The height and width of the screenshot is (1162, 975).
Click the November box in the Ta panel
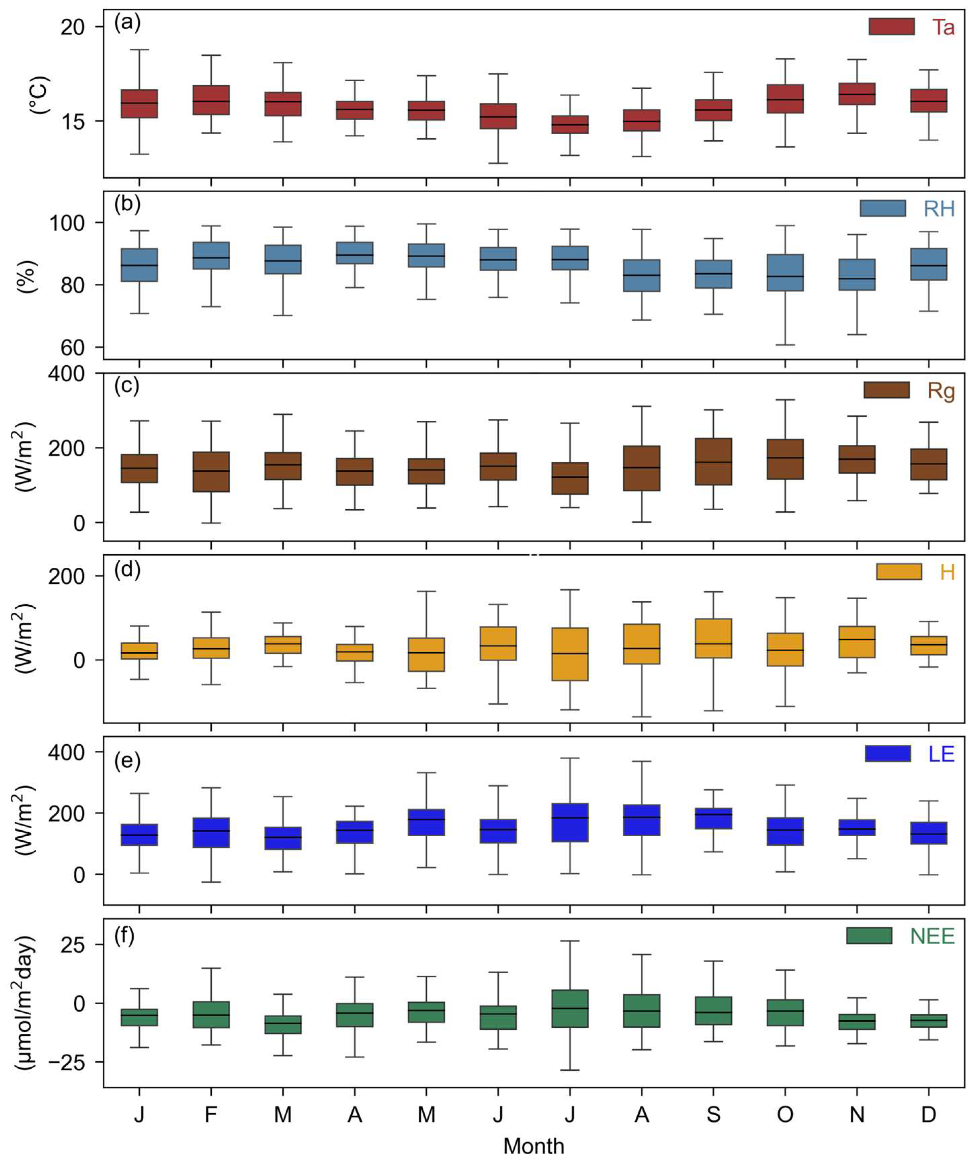click(x=856, y=94)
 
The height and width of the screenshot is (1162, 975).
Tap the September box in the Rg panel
click(x=713, y=462)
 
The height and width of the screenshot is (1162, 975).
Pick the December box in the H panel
click(x=929, y=646)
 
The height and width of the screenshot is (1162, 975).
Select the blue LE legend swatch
click(x=888, y=754)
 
